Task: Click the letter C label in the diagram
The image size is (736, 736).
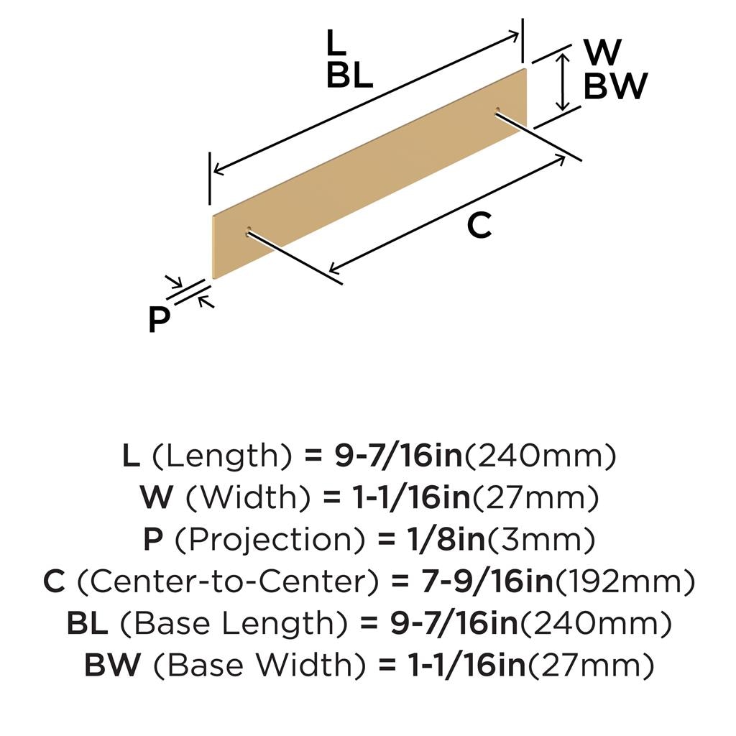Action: click(x=479, y=225)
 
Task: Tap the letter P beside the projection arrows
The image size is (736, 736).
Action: click(x=159, y=320)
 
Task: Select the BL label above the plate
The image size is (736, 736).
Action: click(x=350, y=75)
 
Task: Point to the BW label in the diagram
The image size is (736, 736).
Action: click(x=615, y=86)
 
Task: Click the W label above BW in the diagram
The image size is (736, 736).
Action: click(x=603, y=52)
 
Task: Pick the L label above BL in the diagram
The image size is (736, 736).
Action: click(x=336, y=42)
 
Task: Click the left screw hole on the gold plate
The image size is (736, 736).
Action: click(x=249, y=231)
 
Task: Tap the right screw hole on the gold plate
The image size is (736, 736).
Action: click(x=497, y=111)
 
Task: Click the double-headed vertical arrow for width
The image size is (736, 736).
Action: click(x=562, y=82)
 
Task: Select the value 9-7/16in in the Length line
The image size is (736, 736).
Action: click(x=399, y=456)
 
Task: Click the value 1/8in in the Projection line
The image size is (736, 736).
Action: click(x=446, y=540)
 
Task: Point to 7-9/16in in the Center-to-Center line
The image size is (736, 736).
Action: click(x=487, y=581)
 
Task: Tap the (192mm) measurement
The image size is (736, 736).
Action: click(x=625, y=581)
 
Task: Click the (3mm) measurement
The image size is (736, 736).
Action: click(x=540, y=540)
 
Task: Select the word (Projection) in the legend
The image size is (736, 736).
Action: click(x=270, y=540)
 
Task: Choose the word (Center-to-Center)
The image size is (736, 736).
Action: click(x=227, y=581)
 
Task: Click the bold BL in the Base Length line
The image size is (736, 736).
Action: click(x=87, y=623)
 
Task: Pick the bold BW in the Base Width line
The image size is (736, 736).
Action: click(x=113, y=665)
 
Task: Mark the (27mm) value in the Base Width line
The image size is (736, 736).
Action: click(x=592, y=665)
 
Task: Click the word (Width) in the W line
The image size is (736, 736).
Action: click(x=248, y=497)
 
